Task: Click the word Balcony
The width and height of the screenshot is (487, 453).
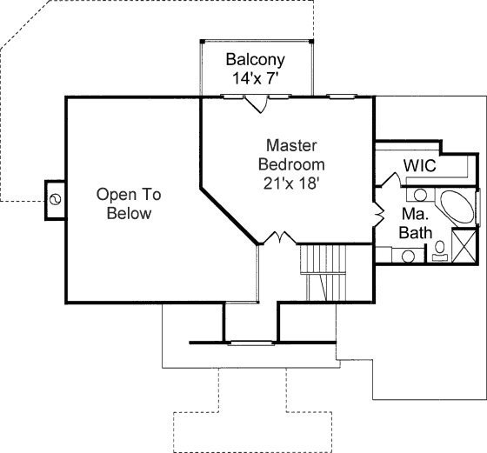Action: (255, 60)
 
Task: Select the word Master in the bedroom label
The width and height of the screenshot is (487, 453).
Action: (291, 145)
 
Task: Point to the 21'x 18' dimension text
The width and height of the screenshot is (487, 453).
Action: (291, 183)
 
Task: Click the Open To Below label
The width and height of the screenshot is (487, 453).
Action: (129, 204)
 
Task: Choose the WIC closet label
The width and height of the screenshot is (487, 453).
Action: (419, 165)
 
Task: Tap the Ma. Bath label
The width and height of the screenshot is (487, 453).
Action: (416, 223)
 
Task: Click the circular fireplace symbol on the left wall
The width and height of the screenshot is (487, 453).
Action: (56, 199)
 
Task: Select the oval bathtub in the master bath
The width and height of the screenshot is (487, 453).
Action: (457, 206)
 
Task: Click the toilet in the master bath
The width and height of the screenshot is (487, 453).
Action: (439, 251)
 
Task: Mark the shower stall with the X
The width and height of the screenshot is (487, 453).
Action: (464, 245)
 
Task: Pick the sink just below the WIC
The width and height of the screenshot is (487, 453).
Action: (420, 196)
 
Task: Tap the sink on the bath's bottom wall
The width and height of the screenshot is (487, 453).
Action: (408, 256)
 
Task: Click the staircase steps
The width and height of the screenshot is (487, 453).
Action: (323, 273)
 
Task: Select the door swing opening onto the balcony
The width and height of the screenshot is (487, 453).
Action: (257, 104)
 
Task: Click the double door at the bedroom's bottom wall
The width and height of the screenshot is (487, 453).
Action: (280, 237)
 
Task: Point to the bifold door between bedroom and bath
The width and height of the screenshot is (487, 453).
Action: (379, 214)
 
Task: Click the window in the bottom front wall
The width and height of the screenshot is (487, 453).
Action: (250, 343)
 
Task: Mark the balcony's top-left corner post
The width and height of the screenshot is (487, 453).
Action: (202, 41)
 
